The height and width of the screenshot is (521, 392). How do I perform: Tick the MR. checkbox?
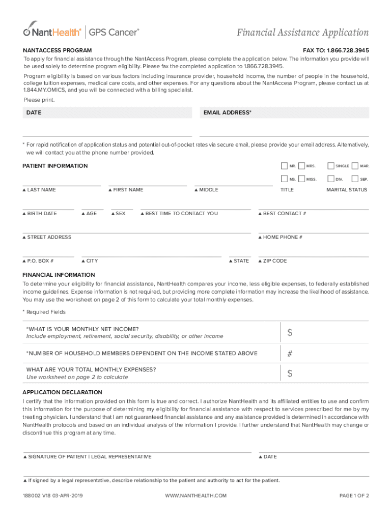click(x=284, y=166)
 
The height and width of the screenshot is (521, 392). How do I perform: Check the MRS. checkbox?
click(x=301, y=166)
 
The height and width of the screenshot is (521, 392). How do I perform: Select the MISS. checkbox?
click(x=301, y=179)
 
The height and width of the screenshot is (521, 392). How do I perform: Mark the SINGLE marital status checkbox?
click(x=331, y=166)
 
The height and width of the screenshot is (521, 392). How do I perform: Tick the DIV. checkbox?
click(x=331, y=179)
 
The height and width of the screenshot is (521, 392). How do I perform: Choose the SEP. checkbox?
click(x=355, y=179)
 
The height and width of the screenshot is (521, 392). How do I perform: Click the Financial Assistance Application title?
click(x=302, y=33)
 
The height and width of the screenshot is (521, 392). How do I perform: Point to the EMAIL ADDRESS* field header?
click(x=227, y=112)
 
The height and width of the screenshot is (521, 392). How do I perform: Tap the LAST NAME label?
click(x=41, y=190)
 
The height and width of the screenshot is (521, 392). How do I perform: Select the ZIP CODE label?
click(x=275, y=261)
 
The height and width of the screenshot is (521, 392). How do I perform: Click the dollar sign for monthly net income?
click(x=290, y=333)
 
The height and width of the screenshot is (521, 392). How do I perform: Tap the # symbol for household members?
click(x=290, y=354)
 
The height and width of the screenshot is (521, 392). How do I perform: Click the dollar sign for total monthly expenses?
click(x=290, y=373)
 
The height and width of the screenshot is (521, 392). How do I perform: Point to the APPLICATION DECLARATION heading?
click(x=62, y=392)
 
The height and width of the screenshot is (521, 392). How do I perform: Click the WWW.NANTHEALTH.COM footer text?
click(x=196, y=496)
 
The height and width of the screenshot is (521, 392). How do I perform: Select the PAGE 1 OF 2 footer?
click(x=354, y=496)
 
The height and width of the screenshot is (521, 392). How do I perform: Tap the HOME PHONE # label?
click(x=283, y=237)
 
